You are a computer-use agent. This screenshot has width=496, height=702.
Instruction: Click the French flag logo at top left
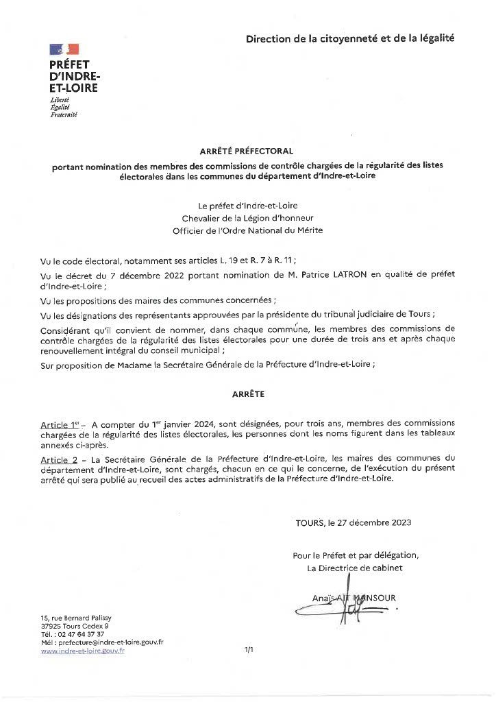(64, 49)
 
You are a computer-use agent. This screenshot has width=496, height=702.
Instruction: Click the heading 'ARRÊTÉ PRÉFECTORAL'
(247, 150)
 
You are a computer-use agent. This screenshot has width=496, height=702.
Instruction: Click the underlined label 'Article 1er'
(60, 425)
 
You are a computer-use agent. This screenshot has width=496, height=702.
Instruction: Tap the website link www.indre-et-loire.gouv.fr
(82, 651)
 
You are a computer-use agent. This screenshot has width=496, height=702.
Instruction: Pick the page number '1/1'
(249, 650)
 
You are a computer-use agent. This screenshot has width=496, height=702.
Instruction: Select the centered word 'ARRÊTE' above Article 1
(247, 394)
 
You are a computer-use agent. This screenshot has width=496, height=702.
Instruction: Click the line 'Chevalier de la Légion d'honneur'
(247, 218)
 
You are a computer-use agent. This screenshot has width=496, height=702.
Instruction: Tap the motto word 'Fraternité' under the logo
(64, 114)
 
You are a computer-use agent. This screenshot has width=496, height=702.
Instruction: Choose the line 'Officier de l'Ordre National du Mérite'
(247, 230)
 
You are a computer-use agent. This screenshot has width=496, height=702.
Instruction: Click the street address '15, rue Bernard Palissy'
(76, 618)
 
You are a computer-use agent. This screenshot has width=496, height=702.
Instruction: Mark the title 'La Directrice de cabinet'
(355, 568)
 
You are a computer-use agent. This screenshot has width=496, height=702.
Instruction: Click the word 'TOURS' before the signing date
(310, 522)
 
